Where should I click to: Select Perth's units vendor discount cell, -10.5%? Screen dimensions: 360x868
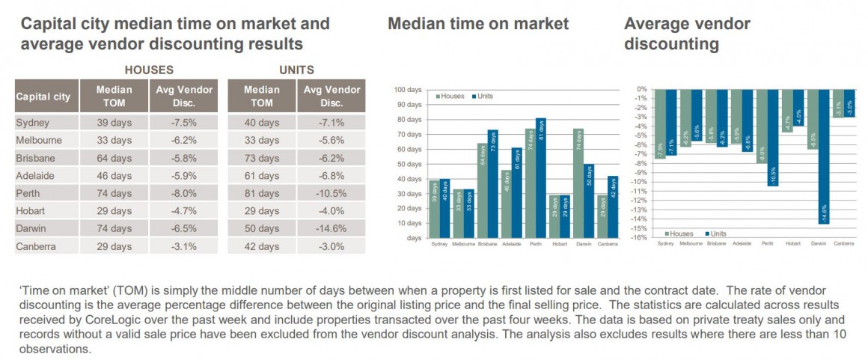pyautogui.click(x=330, y=192)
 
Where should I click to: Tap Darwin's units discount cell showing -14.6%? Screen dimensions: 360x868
pyautogui.click(x=330, y=228)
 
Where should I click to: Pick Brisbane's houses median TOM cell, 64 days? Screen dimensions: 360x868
pyautogui.click(x=114, y=157)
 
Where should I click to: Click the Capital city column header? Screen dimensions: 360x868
pyautogui.click(x=43, y=97)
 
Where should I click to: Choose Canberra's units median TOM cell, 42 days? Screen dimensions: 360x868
pyautogui.click(x=261, y=245)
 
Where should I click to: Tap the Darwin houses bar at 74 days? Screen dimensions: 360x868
pyautogui.click(x=578, y=183)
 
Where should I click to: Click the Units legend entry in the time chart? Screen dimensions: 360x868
pyautogui.click(x=482, y=96)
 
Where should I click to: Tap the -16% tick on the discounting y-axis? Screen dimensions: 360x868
pyautogui.click(x=641, y=238)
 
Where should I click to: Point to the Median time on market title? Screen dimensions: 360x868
pyautogui.click(x=478, y=24)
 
